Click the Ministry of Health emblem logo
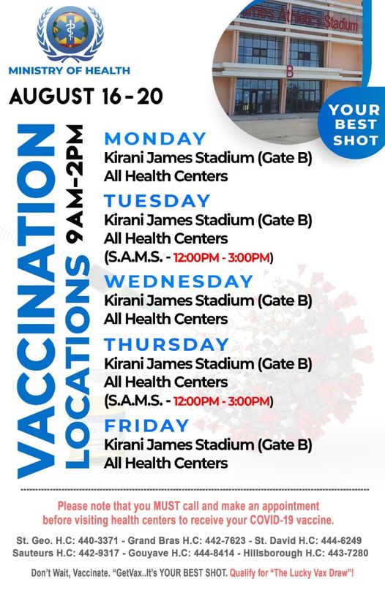coord(70,33)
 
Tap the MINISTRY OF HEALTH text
coord(70,70)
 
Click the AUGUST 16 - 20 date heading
coord(86,96)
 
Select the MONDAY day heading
coord(155,138)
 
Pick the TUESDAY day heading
coord(157,200)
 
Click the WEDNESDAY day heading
coord(179,281)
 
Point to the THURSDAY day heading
coord(167,344)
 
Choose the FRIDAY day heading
coord(146,426)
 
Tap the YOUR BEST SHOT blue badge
coord(354,124)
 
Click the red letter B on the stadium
coord(290,72)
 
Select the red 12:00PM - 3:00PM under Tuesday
coord(222,258)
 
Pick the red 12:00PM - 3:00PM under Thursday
coord(222,401)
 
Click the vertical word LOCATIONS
coord(78,362)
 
